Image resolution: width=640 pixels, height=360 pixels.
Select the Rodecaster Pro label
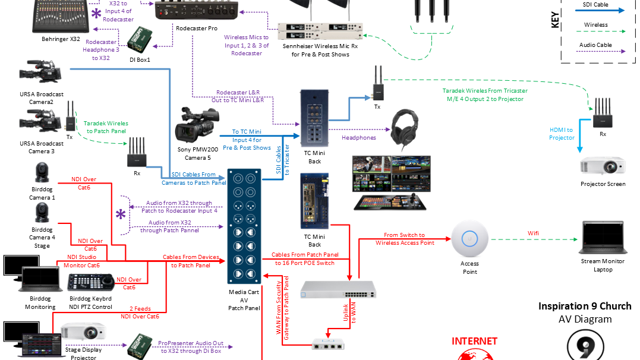point(197,27)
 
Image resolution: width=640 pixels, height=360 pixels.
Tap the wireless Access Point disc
point(469,239)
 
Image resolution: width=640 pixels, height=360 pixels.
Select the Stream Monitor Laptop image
point(603,238)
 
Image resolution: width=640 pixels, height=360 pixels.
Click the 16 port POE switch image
point(338,289)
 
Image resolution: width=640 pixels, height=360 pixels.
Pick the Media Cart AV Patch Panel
point(244,226)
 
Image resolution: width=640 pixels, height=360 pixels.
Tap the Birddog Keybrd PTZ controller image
point(90,283)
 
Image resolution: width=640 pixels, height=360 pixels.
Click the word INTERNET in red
point(474,341)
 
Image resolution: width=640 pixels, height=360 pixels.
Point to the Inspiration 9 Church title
point(585,306)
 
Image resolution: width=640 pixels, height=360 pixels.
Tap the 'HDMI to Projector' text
point(562,134)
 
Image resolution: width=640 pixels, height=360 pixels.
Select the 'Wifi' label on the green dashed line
point(534,233)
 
